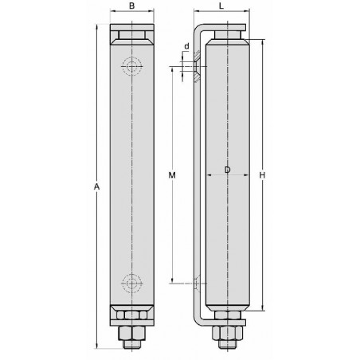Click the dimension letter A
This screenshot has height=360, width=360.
tap(96, 186)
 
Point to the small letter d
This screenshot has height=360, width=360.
tap(186, 45)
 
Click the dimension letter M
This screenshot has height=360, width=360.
tap(171, 174)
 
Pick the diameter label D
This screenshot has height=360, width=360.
tap(227, 170)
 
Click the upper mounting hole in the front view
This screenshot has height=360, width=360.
tap(131, 66)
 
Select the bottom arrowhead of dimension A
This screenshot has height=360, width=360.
tap(96, 346)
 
